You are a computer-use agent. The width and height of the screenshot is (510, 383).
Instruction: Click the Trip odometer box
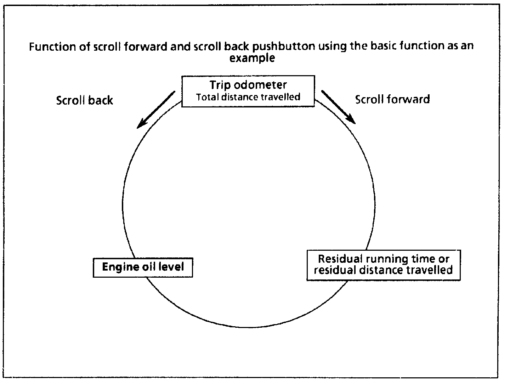point(248,91)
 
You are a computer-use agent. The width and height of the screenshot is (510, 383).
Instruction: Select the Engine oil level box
point(143,267)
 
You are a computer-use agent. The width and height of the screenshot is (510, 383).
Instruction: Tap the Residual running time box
point(383,265)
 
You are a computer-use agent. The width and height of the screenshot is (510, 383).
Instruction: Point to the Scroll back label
point(84,100)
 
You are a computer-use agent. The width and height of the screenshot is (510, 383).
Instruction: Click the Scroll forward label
point(392,99)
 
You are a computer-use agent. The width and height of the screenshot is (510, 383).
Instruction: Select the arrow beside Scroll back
point(156,109)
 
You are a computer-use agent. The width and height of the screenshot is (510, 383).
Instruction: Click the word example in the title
point(252,58)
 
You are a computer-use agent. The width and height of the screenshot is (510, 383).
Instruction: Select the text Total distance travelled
point(248,97)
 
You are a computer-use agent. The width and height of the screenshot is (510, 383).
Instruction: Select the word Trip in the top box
point(220,85)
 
